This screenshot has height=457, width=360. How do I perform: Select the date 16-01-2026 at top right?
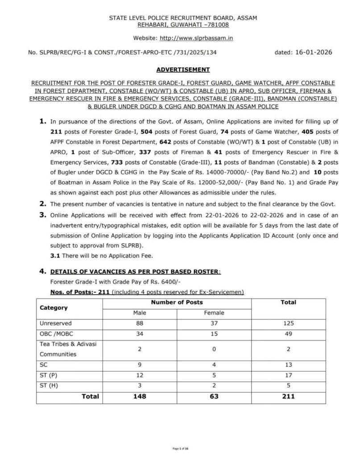[313, 52]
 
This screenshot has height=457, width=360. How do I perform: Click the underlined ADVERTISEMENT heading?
[183, 70]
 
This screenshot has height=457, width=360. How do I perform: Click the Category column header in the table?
[54, 307]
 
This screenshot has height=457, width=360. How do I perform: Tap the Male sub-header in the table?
[140, 313]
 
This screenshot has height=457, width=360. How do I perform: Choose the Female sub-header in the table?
[214, 313]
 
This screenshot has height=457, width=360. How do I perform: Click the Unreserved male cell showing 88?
[140, 323]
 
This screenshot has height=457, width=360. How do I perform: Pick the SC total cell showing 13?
[288, 364]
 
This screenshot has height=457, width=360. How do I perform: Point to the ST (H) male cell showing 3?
[140, 385]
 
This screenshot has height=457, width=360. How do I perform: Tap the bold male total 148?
[140, 396]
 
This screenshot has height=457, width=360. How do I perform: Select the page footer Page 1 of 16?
[180, 448]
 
